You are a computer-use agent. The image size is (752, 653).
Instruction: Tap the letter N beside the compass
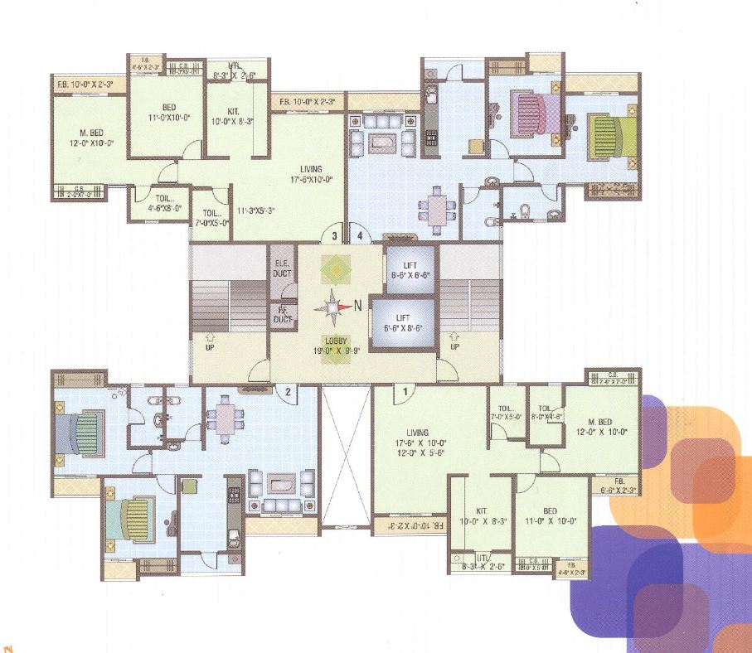tap(358, 306)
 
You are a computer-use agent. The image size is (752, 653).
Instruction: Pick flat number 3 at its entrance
tap(334, 236)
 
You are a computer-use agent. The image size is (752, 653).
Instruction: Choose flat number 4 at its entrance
tap(359, 236)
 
